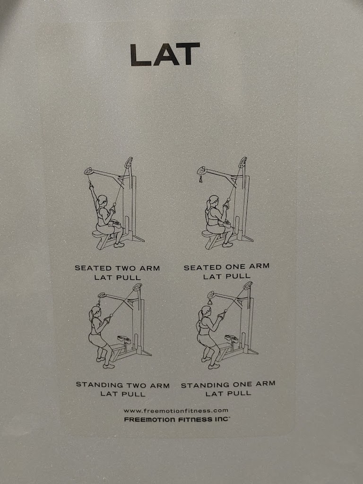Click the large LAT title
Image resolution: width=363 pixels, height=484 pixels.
[165, 54]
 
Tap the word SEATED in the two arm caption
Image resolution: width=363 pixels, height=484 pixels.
[93, 268]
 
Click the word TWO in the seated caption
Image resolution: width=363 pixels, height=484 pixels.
[126, 268]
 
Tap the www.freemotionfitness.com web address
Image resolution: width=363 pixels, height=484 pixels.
[176, 411]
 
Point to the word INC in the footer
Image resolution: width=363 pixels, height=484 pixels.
[222, 419]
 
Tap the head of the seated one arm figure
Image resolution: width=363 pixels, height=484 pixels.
[213, 200]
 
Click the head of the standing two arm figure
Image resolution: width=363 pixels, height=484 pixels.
[95, 311]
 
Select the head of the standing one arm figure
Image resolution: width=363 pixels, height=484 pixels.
[205, 311]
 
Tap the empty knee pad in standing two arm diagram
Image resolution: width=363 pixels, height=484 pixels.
[124, 338]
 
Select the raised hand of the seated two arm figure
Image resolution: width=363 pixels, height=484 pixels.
[91, 186]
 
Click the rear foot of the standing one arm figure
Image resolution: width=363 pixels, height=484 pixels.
[206, 359]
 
